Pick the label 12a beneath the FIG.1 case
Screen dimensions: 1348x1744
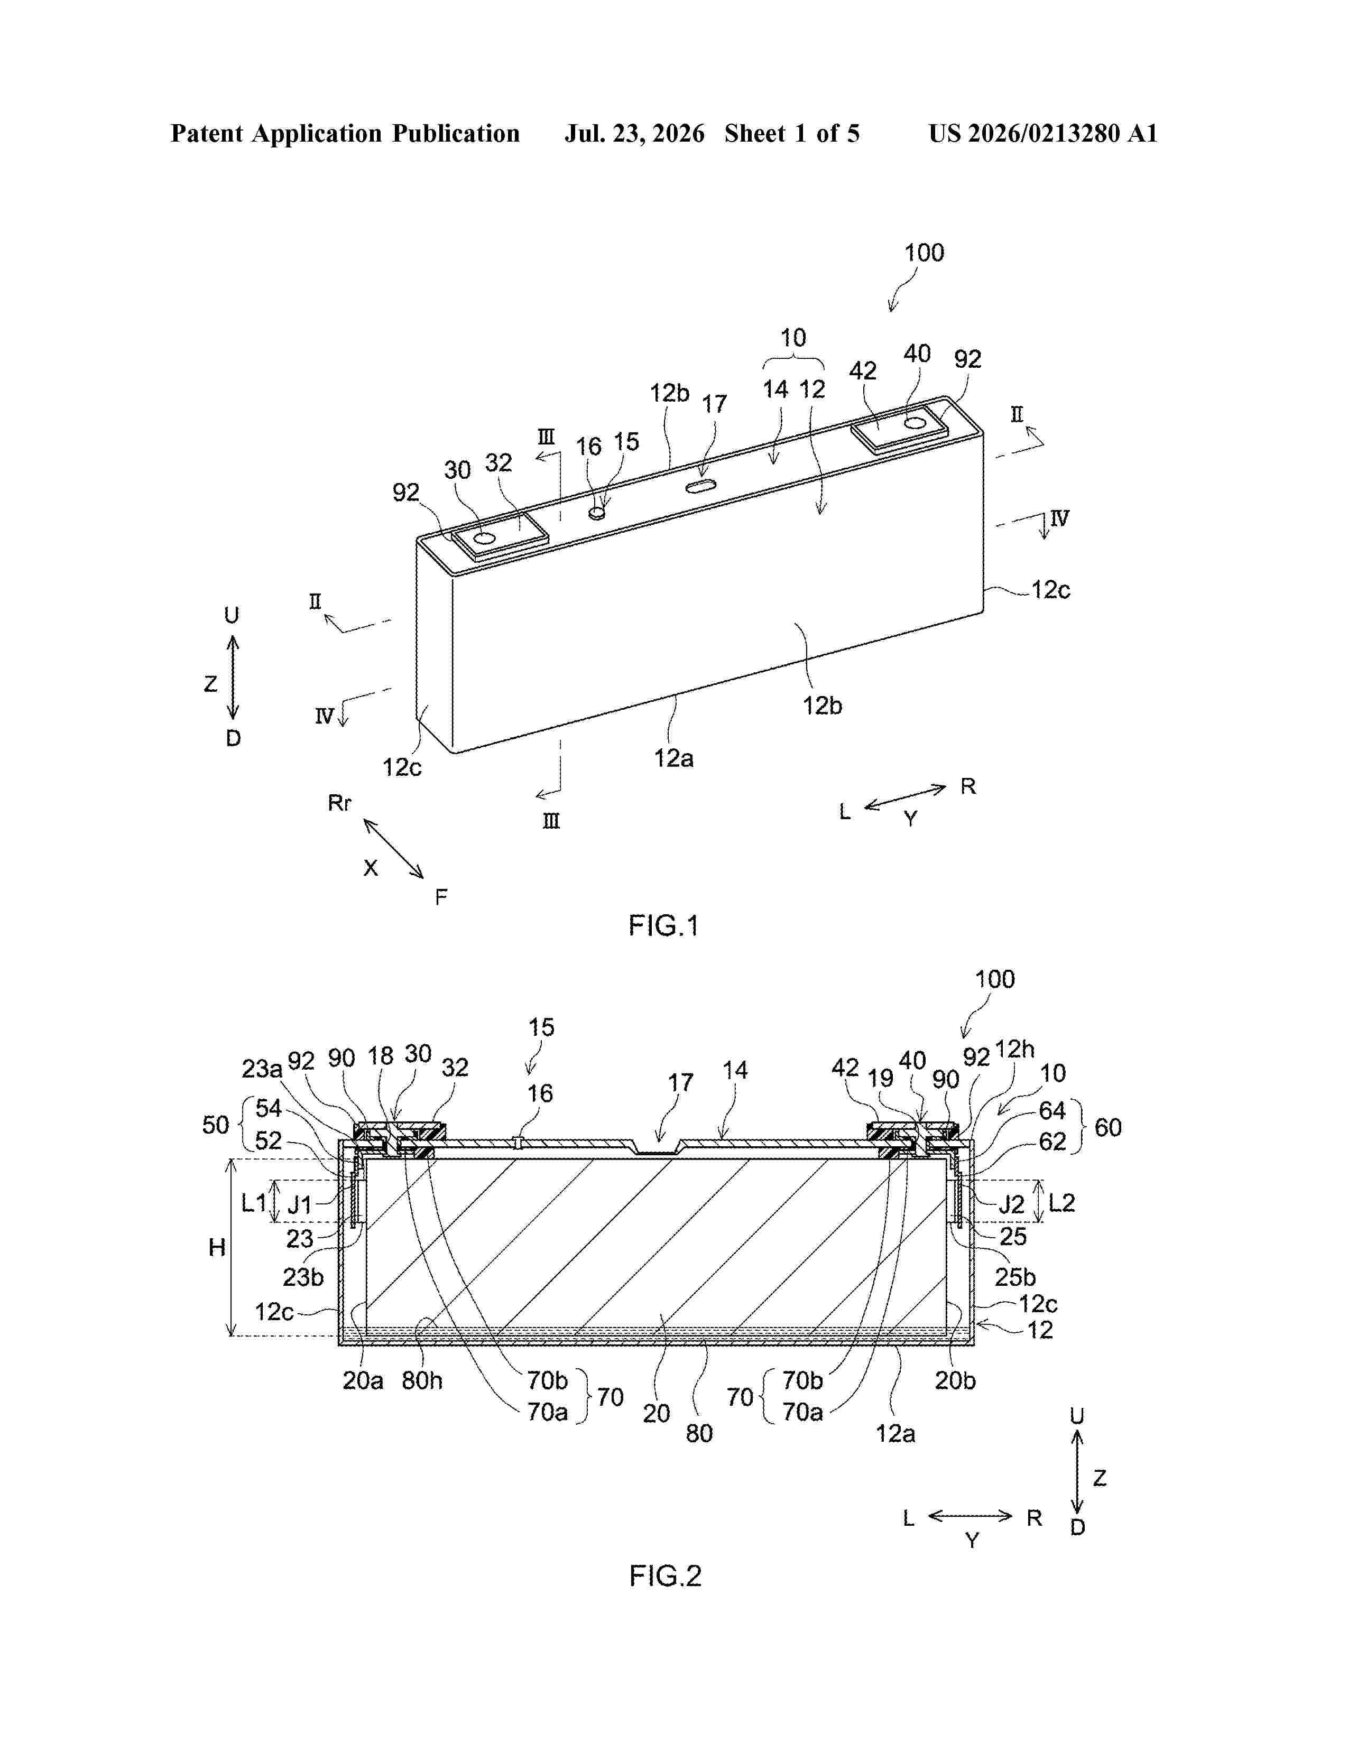pyautogui.click(x=674, y=758)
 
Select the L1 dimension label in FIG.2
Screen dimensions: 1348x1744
pyautogui.click(x=254, y=1203)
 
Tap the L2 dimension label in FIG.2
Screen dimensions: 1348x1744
pyautogui.click(x=1061, y=1203)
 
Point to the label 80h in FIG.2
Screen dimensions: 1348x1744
pyautogui.click(x=422, y=1380)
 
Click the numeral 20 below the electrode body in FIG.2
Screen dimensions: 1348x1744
pyautogui.click(x=657, y=1413)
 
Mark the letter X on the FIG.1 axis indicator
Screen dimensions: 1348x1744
pyautogui.click(x=371, y=868)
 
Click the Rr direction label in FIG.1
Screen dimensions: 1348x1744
pyautogui.click(x=339, y=803)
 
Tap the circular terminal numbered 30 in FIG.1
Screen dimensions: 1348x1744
pyautogui.click(x=484, y=540)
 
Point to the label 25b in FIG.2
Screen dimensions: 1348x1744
pyautogui.click(x=1015, y=1277)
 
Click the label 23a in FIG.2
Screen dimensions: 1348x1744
pyautogui.click(x=262, y=1069)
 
